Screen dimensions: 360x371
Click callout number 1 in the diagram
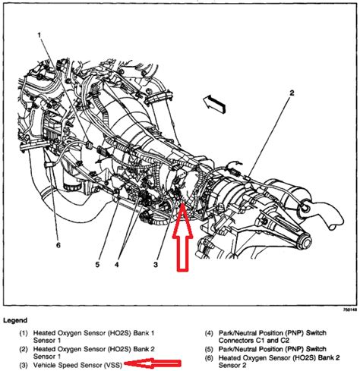point(39,35)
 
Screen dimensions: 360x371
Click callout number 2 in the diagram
point(292,93)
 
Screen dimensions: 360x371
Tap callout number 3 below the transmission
point(156,265)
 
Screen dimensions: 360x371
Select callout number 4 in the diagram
point(116,265)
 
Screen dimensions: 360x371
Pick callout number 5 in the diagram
point(97,265)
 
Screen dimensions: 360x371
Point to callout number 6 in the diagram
point(58,245)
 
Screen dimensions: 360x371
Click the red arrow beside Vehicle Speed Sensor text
point(153,364)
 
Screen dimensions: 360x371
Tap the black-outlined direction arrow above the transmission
point(214,103)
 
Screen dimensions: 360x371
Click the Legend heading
point(15,320)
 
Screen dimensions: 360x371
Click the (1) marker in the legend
point(24,333)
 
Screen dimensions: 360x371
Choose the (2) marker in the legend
point(24,349)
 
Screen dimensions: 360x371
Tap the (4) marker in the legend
point(209,333)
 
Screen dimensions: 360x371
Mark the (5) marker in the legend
point(209,349)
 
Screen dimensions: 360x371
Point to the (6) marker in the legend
point(209,358)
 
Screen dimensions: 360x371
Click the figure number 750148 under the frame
point(350,310)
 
